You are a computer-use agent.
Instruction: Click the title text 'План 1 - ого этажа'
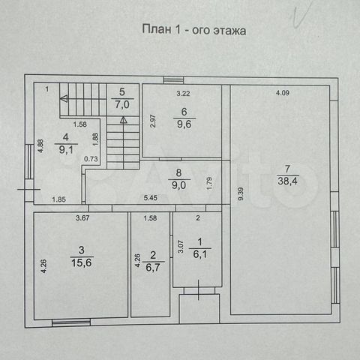[x=194, y=30]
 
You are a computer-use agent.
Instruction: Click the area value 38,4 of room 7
[x=287, y=181]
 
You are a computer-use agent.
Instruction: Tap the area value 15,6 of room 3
[x=82, y=262]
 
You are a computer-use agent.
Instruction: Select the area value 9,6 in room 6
[x=184, y=124]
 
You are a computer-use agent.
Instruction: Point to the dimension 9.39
[x=241, y=194]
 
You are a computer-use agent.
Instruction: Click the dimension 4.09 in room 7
[x=283, y=93]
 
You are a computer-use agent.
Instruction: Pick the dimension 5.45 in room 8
[x=151, y=198]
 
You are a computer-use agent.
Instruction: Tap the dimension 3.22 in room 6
[x=183, y=94]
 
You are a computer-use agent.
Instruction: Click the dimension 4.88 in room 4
[x=40, y=145]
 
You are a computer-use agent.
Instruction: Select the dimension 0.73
[x=91, y=159]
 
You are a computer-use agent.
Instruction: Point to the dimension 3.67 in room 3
[x=82, y=218]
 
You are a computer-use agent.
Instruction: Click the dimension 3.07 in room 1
[x=181, y=247]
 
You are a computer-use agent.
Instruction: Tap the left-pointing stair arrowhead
[x=64, y=99]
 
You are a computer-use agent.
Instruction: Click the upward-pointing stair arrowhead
[x=124, y=120]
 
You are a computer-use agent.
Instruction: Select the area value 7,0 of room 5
[x=122, y=104]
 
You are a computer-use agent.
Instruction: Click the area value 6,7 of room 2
[x=153, y=268]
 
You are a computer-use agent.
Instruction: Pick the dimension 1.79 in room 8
[x=210, y=183]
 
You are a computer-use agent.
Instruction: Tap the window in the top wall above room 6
[x=173, y=80]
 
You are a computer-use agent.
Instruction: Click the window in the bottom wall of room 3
[x=71, y=322]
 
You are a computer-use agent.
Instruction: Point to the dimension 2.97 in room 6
[x=153, y=121]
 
